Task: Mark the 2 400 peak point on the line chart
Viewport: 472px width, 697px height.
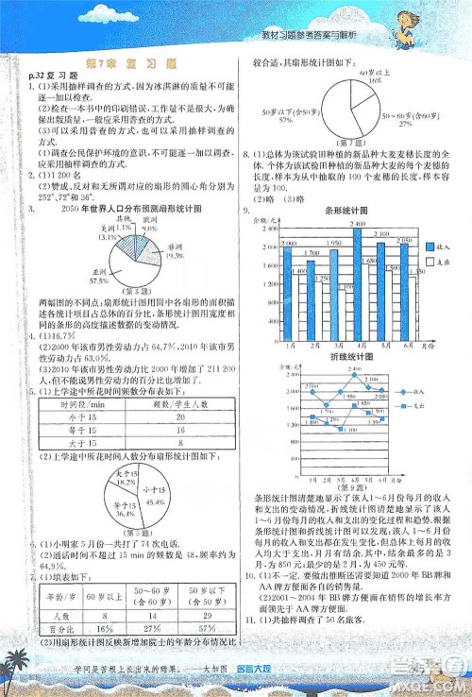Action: (x=355, y=376)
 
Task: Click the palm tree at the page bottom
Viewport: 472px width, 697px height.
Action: (x=19, y=671)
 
